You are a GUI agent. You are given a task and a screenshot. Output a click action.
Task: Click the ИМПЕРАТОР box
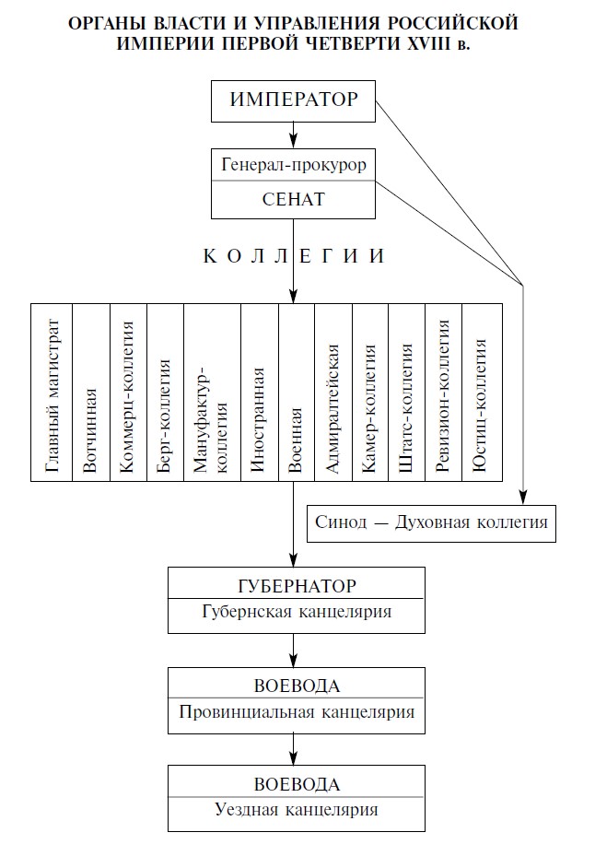coord(293,101)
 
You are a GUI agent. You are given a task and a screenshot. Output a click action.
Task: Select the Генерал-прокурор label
coord(294,164)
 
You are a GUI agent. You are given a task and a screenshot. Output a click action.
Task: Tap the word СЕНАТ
coord(294,199)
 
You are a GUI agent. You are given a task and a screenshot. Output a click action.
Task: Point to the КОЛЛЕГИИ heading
coord(294,256)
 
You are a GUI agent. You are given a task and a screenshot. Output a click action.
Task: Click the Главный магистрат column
coord(52,393)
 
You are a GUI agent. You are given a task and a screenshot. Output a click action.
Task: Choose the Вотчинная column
coord(91,393)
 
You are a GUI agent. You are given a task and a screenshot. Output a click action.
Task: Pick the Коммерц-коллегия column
coord(128,393)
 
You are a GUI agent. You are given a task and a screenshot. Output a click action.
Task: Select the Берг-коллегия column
coord(166,393)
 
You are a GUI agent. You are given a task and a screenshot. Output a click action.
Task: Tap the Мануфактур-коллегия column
coord(213,393)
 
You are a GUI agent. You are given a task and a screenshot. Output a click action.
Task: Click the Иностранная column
coord(260,393)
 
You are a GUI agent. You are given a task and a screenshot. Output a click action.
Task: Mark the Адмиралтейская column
coord(333,393)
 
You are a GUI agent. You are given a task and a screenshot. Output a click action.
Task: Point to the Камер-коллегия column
coord(370,393)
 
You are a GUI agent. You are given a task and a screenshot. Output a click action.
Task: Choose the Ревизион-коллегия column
coord(443,393)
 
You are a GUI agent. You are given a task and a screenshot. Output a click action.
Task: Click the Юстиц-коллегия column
coord(482,393)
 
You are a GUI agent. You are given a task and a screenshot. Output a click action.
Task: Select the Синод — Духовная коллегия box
coord(431,523)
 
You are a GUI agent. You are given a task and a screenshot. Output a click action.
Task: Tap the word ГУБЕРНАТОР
coord(297,586)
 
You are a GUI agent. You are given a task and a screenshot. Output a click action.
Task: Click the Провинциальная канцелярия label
coord(297,712)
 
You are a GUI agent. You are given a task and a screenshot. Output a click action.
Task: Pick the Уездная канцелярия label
coord(297,809)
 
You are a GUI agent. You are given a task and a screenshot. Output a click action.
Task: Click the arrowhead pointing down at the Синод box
coord(523,497)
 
